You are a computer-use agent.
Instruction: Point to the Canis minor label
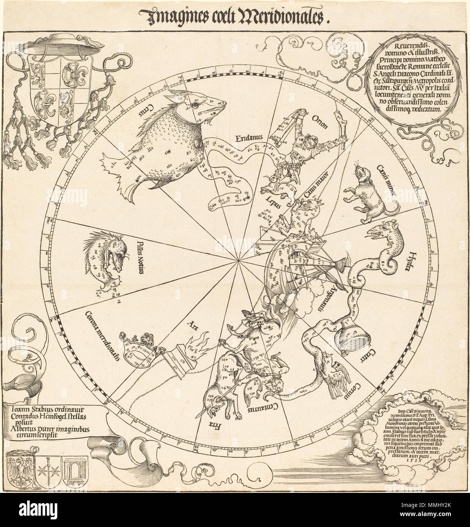[386, 182]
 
